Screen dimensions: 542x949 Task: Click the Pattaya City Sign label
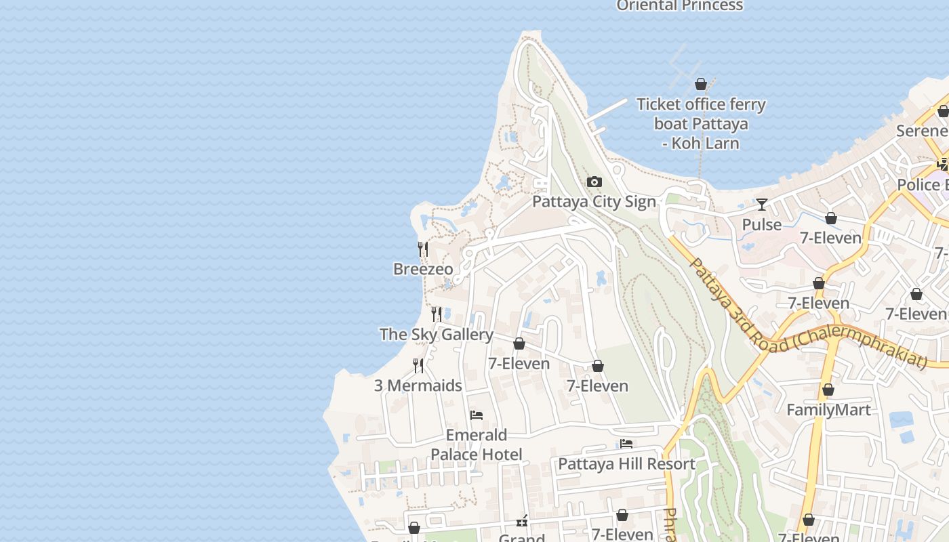tap(594, 202)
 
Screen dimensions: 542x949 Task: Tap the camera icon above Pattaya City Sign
tap(594, 182)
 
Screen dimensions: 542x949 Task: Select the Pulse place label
tap(761, 224)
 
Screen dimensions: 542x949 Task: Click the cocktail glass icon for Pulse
tap(762, 204)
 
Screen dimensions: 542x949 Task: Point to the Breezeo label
tap(423, 269)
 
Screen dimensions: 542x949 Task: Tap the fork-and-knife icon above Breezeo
tap(423, 249)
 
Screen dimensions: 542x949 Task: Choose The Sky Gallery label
tap(436, 334)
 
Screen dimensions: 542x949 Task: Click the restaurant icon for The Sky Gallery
tap(437, 314)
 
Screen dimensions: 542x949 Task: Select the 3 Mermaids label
tap(418, 385)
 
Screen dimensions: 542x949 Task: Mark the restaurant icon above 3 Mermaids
tap(418, 366)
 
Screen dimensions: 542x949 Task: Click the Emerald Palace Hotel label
tap(477, 444)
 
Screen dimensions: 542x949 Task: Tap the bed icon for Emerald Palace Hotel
tap(477, 415)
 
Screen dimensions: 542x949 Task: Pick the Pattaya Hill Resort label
tap(626, 464)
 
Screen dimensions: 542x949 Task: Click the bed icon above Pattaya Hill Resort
tap(626, 444)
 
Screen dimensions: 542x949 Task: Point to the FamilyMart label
tap(828, 410)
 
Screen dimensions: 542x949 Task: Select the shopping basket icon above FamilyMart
tap(828, 390)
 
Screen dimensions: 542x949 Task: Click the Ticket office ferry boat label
tap(701, 123)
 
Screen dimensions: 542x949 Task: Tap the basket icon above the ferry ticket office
tap(701, 84)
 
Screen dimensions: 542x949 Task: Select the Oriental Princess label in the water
tap(679, 5)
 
